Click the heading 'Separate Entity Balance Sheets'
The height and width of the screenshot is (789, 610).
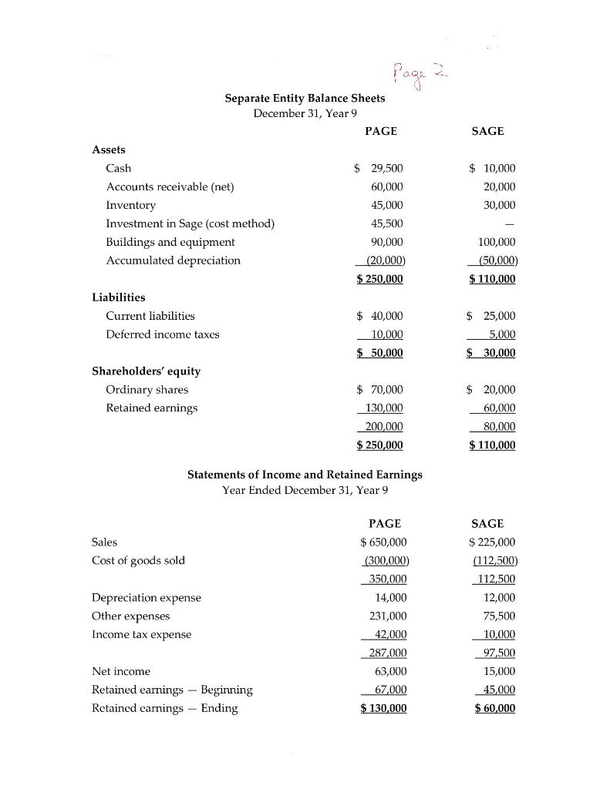[305, 99]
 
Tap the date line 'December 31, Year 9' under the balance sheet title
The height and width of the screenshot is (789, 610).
[305, 113]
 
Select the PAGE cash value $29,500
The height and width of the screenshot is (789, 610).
[379, 168]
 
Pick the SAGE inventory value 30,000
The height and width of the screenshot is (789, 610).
[500, 205]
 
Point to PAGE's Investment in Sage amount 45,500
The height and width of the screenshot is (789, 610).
[386, 223]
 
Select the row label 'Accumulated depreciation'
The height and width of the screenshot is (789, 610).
[173, 260]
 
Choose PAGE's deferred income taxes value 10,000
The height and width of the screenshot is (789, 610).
[386, 334]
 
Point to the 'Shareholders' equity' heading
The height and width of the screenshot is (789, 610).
[146, 371]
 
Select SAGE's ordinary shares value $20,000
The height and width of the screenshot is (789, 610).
[491, 390]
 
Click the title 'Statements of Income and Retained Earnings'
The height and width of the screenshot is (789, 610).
[305, 475]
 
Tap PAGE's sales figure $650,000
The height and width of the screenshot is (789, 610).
[383, 542]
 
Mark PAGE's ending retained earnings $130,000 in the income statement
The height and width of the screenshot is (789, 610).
[383, 709]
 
